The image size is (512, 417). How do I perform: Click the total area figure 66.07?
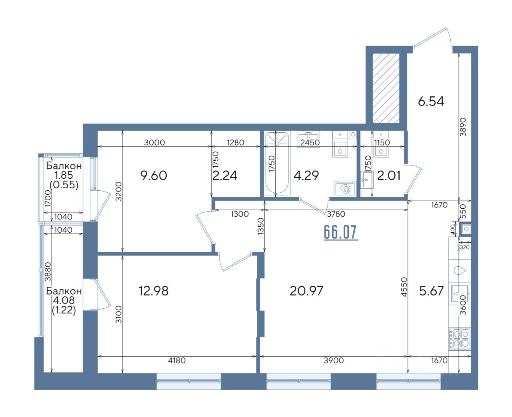click(x=341, y=232)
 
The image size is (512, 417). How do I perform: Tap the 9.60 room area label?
click(x=154, y=176)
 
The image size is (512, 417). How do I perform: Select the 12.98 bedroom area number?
click(x=154, y=291)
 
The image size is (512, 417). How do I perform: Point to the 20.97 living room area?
click(x=306, y=291)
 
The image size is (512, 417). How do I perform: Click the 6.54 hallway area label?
click(x=431, y=102)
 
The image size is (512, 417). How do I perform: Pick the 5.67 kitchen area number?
click(x=432, y=291)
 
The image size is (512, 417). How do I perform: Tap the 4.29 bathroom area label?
click(x=306, y=176)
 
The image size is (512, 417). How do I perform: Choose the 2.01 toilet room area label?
click(x=389, y=176)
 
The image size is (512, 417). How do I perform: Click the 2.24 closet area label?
click(x=225, y=176)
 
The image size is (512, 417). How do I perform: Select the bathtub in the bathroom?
click(x=277, y=164)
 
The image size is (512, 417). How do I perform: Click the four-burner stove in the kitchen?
click(x=460, y=339)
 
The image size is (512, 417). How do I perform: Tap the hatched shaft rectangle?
click(x=386, y=88)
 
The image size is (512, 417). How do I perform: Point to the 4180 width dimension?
click(x=177, y=360)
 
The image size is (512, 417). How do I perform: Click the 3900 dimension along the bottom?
click(x=334, y=360)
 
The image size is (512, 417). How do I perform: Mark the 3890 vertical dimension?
click(x=463, y=127)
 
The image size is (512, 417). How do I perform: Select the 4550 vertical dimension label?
click(x=404, y=287)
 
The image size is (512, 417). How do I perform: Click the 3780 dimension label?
click(x=336, y=214)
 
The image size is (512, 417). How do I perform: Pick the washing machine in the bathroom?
click(x=345, y=189)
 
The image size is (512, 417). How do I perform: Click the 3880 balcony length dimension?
click(x=48, y=272)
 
